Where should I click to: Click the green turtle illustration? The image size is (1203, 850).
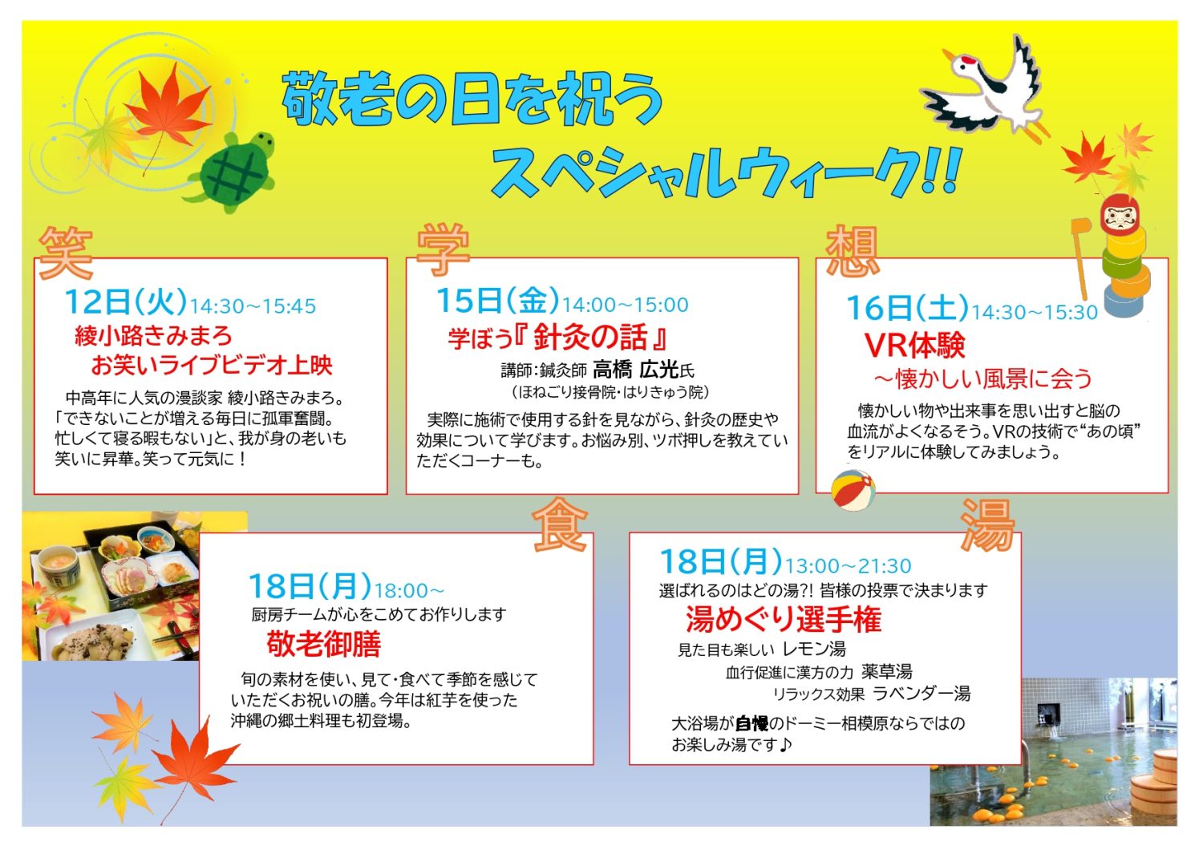pos(233,172)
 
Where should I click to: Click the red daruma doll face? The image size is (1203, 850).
pos(1119,215)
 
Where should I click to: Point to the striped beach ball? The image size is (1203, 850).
pos(853,490)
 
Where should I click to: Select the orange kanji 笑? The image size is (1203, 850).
pos(66,253)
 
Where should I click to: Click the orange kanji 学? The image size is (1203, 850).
pos(444,250)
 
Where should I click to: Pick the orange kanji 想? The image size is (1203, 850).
pos(853,251)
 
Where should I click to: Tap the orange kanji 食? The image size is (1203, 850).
pos(560,524)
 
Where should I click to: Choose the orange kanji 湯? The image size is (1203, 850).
pos(987,524)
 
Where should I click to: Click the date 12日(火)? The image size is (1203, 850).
pos(126,302)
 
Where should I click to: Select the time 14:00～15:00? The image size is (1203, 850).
pos(625,305)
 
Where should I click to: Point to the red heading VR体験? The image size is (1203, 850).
pos(915,345)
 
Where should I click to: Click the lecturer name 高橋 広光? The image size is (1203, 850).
pos(636,370)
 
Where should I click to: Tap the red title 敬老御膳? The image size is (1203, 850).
pos(324,644)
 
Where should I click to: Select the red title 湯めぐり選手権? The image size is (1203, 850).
pos(784,619)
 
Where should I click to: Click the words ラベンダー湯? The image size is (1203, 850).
pos(921,694)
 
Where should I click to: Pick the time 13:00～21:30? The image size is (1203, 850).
pos(848,566)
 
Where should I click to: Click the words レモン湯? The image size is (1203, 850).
pos(814,650)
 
